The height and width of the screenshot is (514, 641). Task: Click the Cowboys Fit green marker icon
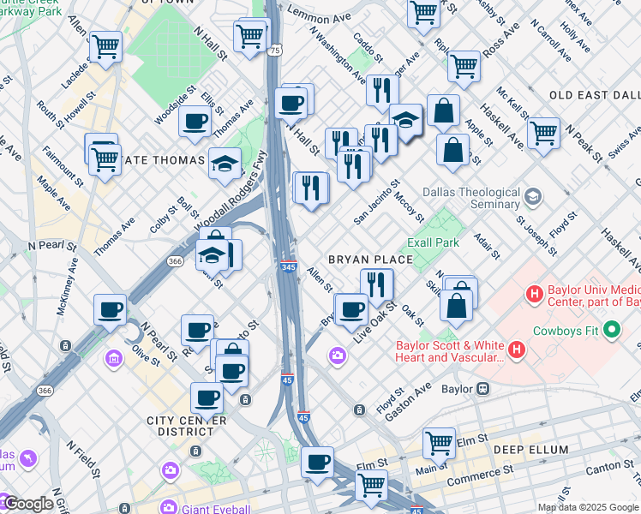pyautogui.click(x=612, y=329)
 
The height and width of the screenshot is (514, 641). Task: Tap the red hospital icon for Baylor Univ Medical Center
pyautogui.click(x=536, y=296)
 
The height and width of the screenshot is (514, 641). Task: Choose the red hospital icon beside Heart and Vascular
pyautogui.click(x=517, y=350)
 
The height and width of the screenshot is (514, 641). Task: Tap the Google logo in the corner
pyautogui.click(x=27, y=504)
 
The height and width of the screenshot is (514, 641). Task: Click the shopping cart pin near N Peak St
pyautogui.click(x=543, y=133)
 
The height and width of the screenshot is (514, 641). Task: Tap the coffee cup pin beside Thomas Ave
pyautogui.click(x=195, y=121)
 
